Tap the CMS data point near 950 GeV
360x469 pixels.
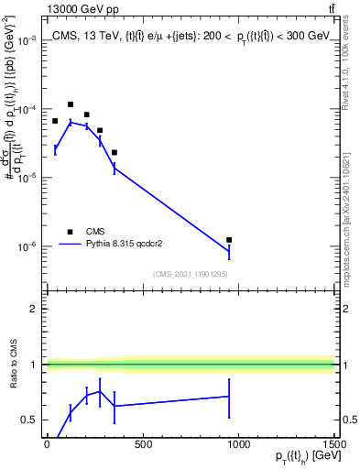point(229,240)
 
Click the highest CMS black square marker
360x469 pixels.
point(71,104)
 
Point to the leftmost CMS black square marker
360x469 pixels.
point(55,121)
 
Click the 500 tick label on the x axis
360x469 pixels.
point(143,444)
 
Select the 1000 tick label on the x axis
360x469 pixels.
point(238,444)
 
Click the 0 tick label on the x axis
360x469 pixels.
point(47,444)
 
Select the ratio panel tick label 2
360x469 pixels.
point(34,309)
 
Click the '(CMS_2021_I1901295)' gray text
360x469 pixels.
point(190,274)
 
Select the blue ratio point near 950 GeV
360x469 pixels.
point(229,397)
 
